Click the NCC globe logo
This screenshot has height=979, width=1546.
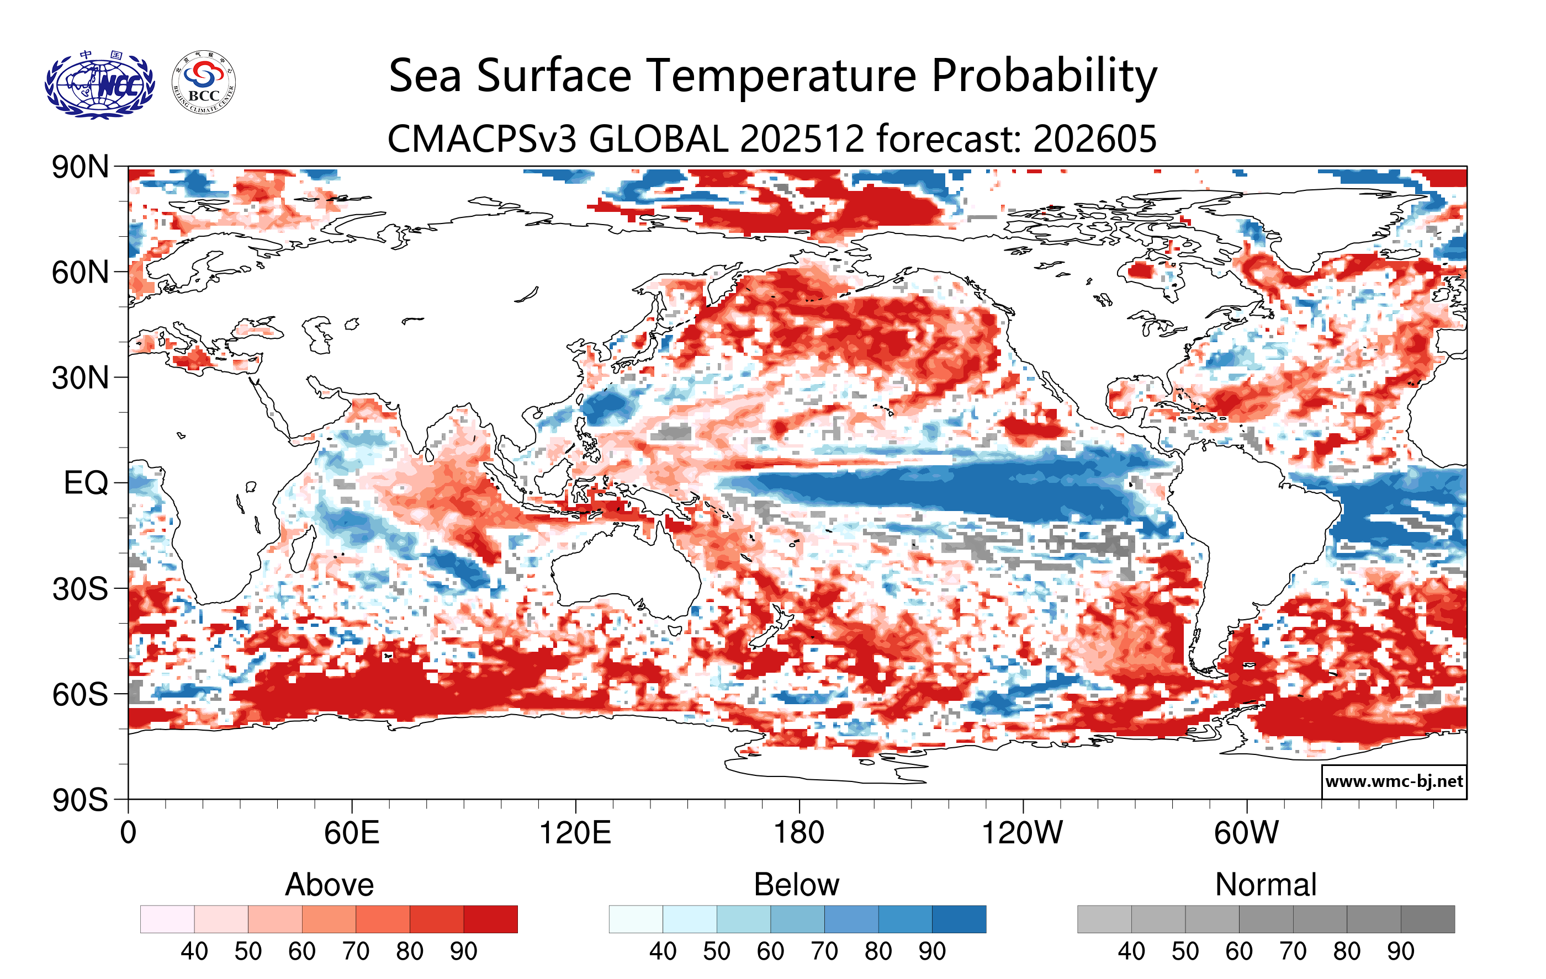99,84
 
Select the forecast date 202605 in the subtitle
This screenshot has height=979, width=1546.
1095,139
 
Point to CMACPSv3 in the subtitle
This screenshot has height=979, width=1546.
483,139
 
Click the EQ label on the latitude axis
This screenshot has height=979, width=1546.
86,483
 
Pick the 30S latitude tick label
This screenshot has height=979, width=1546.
80,589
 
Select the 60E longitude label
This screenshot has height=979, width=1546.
351,833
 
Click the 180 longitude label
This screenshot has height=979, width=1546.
799,833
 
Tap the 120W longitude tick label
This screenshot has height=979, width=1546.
1022,833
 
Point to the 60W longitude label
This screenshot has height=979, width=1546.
1246,833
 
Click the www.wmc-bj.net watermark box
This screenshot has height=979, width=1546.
1394,781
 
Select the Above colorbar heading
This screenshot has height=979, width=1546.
330,885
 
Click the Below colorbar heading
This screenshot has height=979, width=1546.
797,885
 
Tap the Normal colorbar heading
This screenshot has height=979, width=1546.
1266,885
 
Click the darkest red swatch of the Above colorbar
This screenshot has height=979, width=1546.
490,919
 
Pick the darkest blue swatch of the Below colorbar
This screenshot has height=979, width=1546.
959,919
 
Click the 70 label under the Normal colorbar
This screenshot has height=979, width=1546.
1293,951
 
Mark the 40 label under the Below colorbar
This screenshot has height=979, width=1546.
663,951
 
